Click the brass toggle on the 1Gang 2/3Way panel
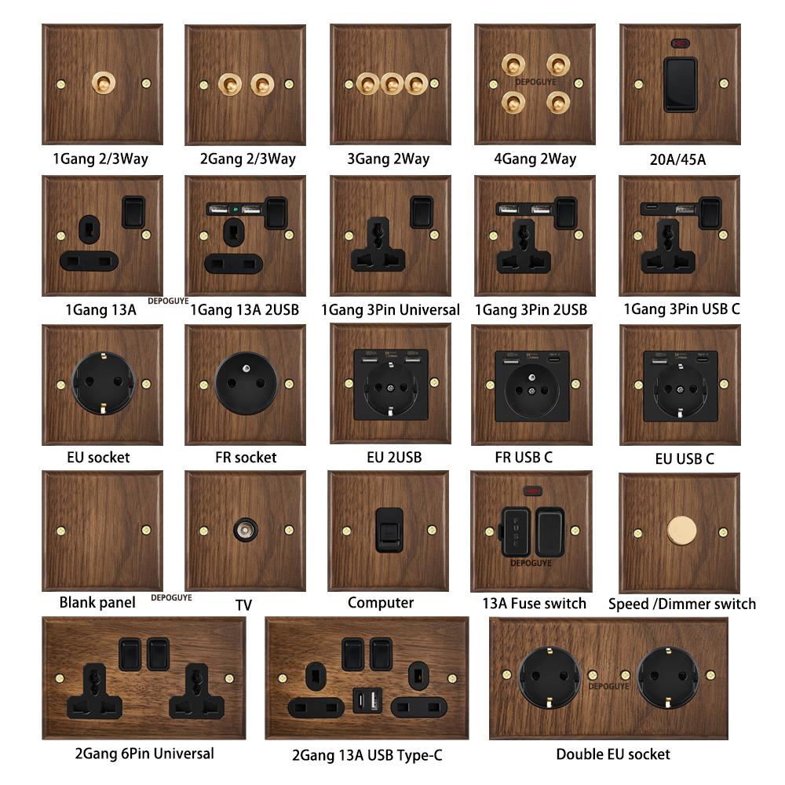tap(102, 82)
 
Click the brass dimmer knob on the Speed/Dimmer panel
tap(680, 531)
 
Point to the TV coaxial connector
tap(245, 531)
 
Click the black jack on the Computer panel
tap(388, 530)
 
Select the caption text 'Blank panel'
tap(97, 603)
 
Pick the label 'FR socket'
tap(245, 457)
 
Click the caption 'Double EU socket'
tap(613, 754)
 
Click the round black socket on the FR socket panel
tap(246, 384)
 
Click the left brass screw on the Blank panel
tap(60, 530)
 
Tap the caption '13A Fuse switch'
tap(534, 603)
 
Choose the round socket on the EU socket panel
tap(102, 385)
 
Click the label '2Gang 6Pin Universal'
tap(144, 754)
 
